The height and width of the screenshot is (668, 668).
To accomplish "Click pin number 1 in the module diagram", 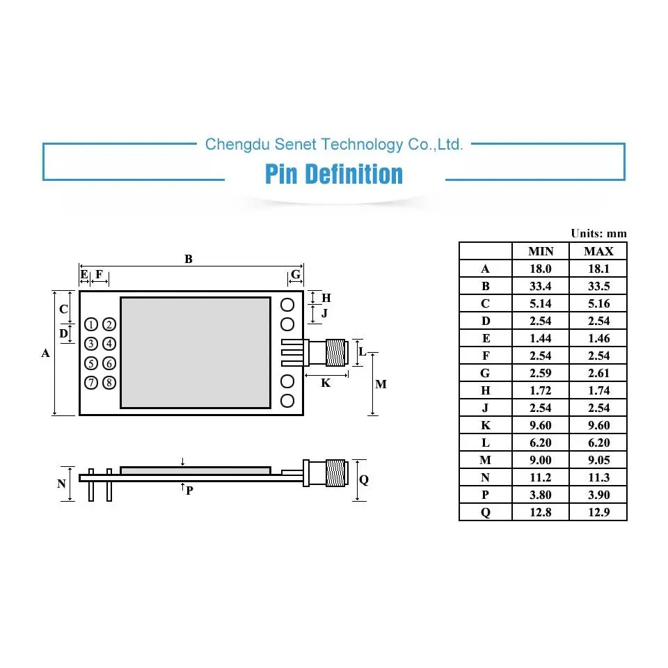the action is [91, 325].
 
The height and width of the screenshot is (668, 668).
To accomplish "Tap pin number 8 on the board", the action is [109, 383].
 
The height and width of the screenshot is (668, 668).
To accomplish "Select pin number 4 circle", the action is [109, 344].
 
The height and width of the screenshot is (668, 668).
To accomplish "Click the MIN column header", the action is [541, 251].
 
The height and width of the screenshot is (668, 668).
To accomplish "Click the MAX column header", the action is [598, 251].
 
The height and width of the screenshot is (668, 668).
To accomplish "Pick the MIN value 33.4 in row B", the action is [540, 286].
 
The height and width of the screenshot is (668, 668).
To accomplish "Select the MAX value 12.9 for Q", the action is [598, 512].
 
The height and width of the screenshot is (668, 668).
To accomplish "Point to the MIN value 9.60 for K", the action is [540, 425].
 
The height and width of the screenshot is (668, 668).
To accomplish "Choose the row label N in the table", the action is [485, 477].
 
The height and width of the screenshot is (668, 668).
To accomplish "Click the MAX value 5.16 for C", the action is [598, 304].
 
